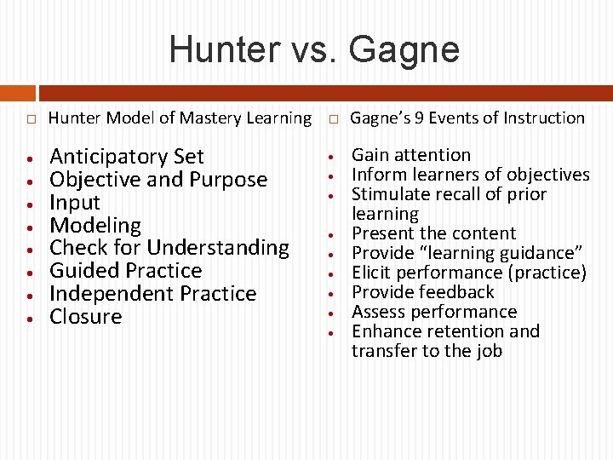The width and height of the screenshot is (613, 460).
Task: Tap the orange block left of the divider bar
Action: [x=17, y=93]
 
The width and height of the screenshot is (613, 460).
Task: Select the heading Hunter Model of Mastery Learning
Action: [x=180, y=118]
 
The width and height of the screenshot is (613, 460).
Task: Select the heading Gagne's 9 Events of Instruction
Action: [x=467, y=118]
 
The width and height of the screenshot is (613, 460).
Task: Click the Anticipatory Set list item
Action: [x=127, y=157]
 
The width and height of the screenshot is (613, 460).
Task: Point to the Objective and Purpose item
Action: [x=158, y=180]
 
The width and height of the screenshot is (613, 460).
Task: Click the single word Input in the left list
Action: [x=75, y=203]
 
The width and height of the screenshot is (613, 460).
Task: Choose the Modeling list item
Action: [x=95, y=226]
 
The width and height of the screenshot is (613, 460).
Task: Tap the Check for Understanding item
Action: [x=169, y=248]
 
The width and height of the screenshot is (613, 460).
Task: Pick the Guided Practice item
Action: [x=126, y=271]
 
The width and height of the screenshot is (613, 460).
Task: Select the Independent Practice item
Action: [x=153, y=294]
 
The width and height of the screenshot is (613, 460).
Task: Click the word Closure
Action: [x=86, y=317]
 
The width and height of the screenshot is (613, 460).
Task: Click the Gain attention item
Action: [x=411, y=155]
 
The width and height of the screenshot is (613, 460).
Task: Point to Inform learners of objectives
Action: [x=471, y=175]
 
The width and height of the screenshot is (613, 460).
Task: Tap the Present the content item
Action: [x=434, y=233]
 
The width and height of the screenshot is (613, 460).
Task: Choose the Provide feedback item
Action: [x=423, y=292]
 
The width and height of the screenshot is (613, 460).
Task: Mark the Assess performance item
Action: [x=434, y=312]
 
